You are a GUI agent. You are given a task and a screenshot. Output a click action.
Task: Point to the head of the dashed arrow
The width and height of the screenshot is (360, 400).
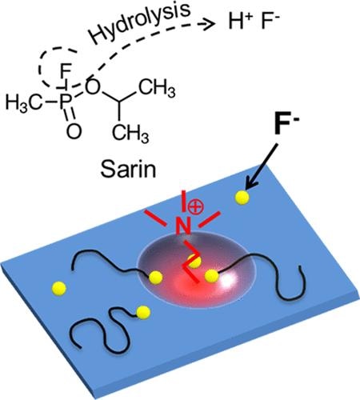pos(210,24)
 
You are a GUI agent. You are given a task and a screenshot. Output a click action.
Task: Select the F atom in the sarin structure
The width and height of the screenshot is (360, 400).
pos(65,71)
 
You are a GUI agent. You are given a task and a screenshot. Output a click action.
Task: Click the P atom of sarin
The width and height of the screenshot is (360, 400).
pos(65,102)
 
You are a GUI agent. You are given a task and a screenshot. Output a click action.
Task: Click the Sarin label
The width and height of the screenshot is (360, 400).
pos(128,169)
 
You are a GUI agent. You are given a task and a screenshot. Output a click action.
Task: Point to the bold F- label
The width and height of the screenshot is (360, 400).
pos(287,126)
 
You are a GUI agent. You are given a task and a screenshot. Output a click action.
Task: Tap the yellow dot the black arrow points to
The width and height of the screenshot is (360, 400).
pos(242,198)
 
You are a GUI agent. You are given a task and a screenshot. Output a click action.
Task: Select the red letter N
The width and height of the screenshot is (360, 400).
pos(183,226)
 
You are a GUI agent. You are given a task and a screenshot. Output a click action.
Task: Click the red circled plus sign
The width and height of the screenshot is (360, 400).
pos(195,207)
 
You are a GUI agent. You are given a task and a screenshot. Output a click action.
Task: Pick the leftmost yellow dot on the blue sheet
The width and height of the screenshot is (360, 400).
pos(59,288)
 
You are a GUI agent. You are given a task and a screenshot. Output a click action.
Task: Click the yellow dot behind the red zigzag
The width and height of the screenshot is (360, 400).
pos(194,261)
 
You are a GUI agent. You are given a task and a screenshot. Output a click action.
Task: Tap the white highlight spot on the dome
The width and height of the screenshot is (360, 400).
pos(230,279)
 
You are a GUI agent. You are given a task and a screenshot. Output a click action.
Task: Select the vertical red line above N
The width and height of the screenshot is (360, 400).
pos(184,202)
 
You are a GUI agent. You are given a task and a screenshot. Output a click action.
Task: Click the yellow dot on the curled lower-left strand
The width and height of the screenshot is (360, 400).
pos(143,312)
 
